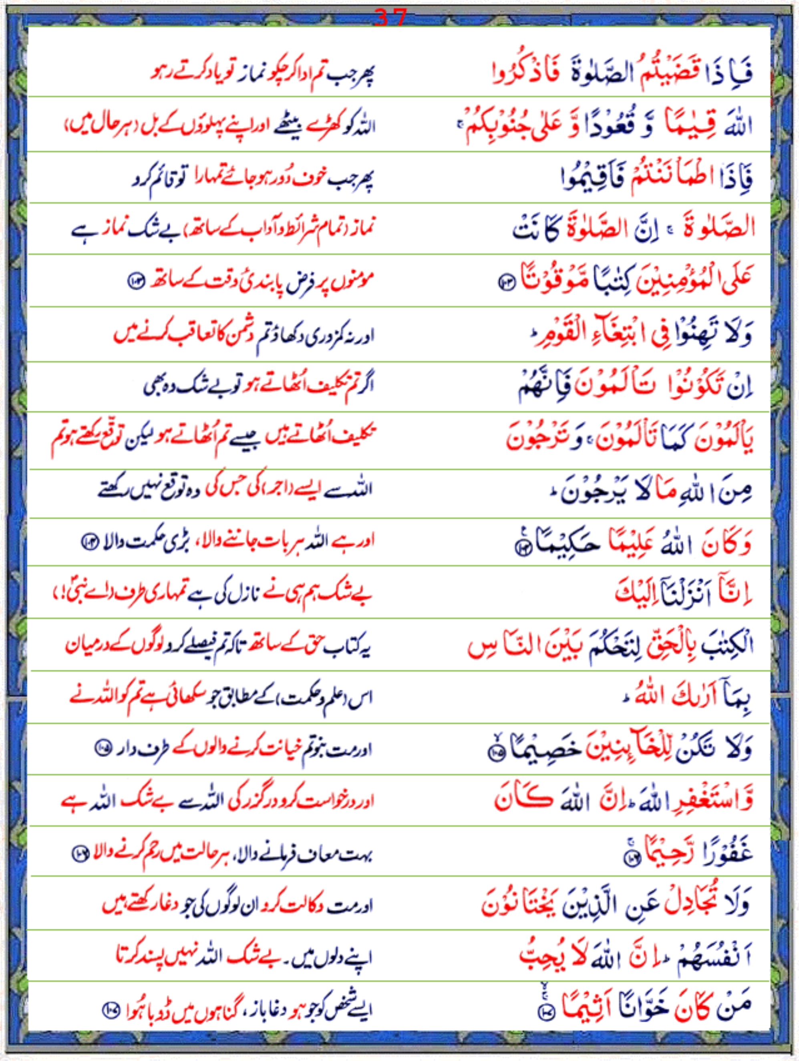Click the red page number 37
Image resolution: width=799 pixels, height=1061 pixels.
390,18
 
